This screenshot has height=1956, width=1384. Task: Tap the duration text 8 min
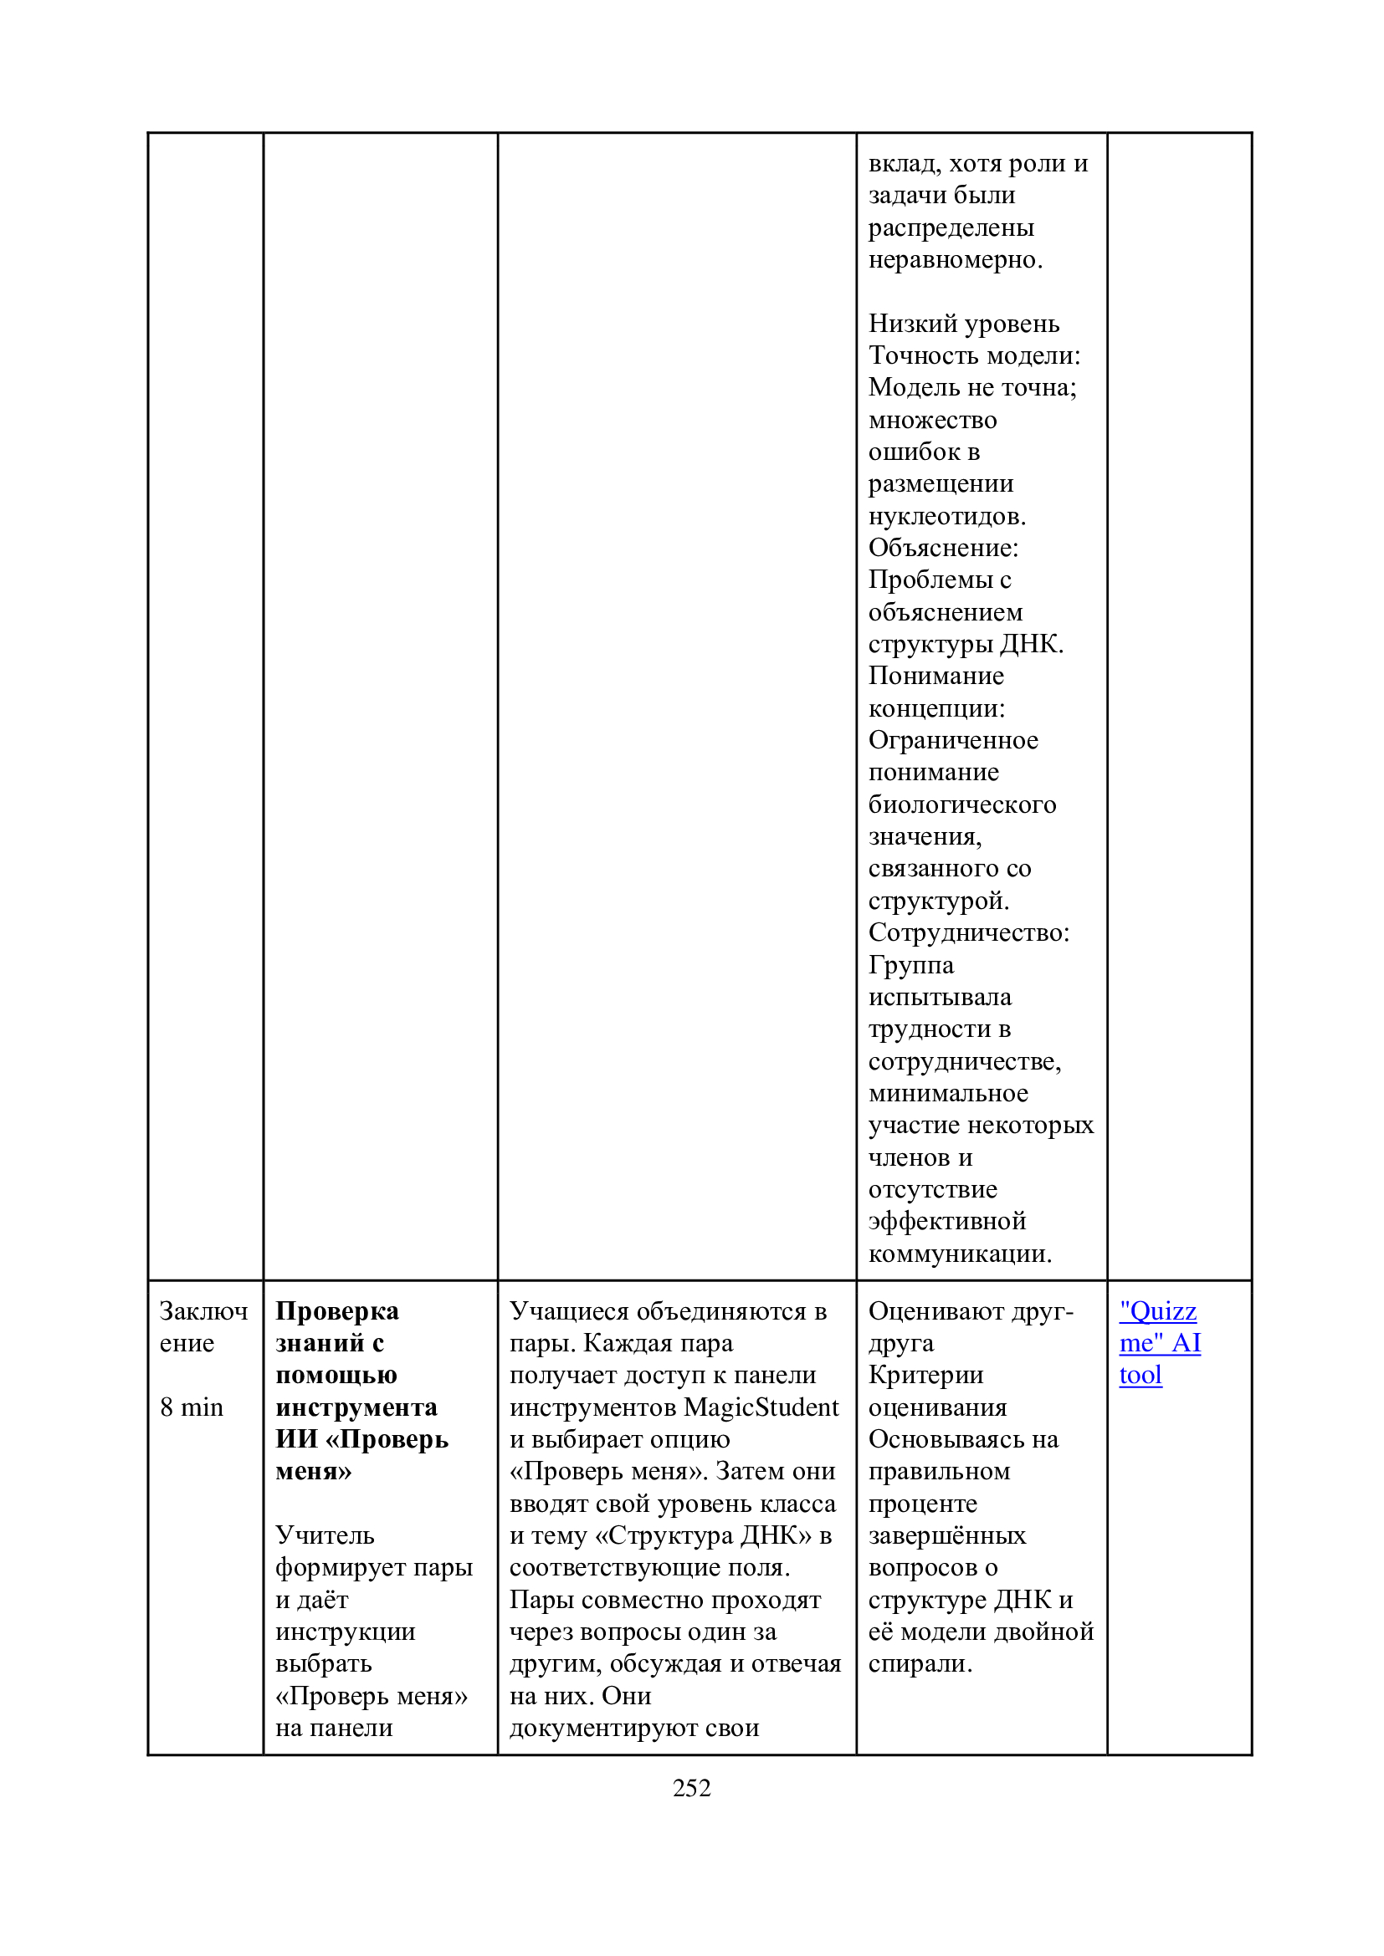pyautogui.click(x=192, y=1407)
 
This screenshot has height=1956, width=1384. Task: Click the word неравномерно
pyautogui.click(x=955, y=259)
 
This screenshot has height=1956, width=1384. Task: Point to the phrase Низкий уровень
pyautogui.click(x=964, y=324)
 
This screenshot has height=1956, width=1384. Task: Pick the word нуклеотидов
pyautogui.click(x=947, y=515)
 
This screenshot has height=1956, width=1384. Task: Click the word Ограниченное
pyautogui.click(x=953, y=739)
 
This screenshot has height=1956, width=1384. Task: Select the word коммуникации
pyautogui.click(x=960, y=1254)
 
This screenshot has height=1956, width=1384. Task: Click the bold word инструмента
pyautogui.click(x=356, y=1407)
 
